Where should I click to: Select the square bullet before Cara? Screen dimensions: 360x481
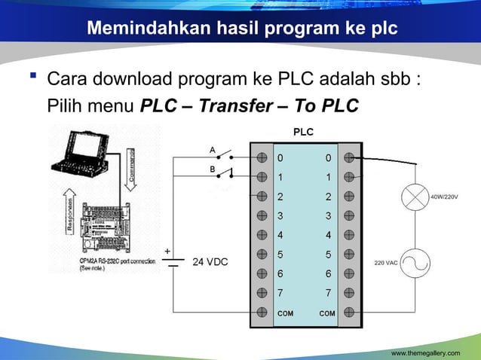pyautogui.click(x=33, y=78)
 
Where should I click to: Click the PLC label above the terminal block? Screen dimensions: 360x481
pyautogui.click(x=302, y=132)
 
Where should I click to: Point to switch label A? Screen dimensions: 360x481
pyautogui.click(x=213, y=149)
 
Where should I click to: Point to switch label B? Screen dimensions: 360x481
pyautogui.click(x=213, y=169)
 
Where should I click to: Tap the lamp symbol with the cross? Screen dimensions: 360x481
pyautogui.click(x=413, y=198)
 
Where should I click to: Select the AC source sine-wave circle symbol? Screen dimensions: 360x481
pyautogui.click(x=413, y=263)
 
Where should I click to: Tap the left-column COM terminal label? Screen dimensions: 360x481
pyautogui.click(x=286, y=312)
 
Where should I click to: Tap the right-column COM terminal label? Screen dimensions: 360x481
pyautogui.click(x=327, y=312)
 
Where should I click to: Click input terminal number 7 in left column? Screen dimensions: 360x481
pyautogui.click(x=280, y=291)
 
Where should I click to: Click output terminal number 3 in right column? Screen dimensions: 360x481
pyautogui.click(x=327, y=215)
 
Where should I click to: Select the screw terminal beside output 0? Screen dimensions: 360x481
pyautogui.click(x=349, y=158)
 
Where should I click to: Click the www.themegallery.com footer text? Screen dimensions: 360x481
pyautogui.click(x=430, y=352)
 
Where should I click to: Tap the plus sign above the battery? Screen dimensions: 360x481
pyautogui.click(x=167, y=249)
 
